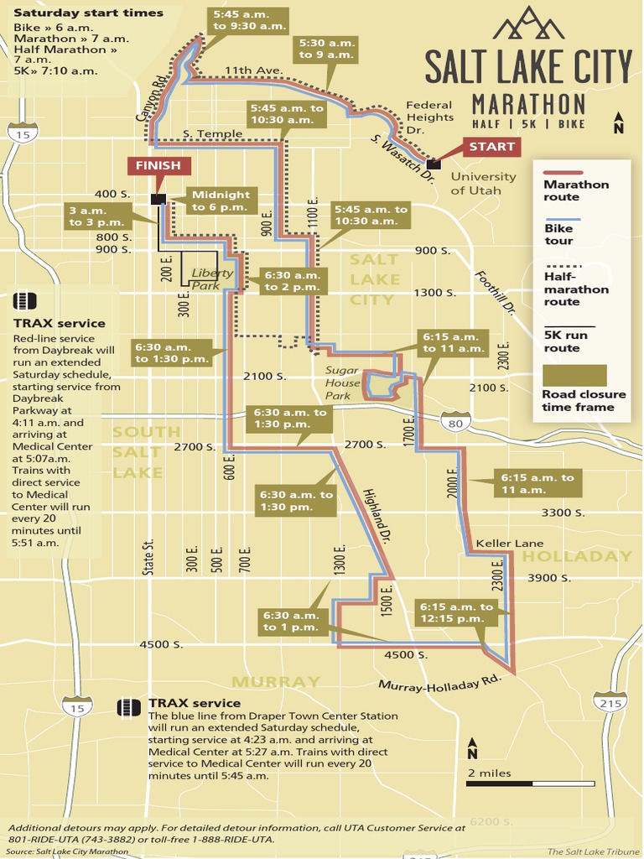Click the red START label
point(491,147)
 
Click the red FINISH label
point(158,165)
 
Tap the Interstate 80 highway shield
point(455,421)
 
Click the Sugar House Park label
point(343,383)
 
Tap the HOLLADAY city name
point(577,556)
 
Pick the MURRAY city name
point(276,681)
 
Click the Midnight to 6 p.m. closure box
point(221,200)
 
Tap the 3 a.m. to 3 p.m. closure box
point(97,216)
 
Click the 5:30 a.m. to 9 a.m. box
point(327,49)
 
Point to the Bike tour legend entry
point(558,234)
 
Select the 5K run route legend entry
point(566,341)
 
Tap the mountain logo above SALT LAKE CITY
point(528,23)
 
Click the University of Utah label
point(483,183)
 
